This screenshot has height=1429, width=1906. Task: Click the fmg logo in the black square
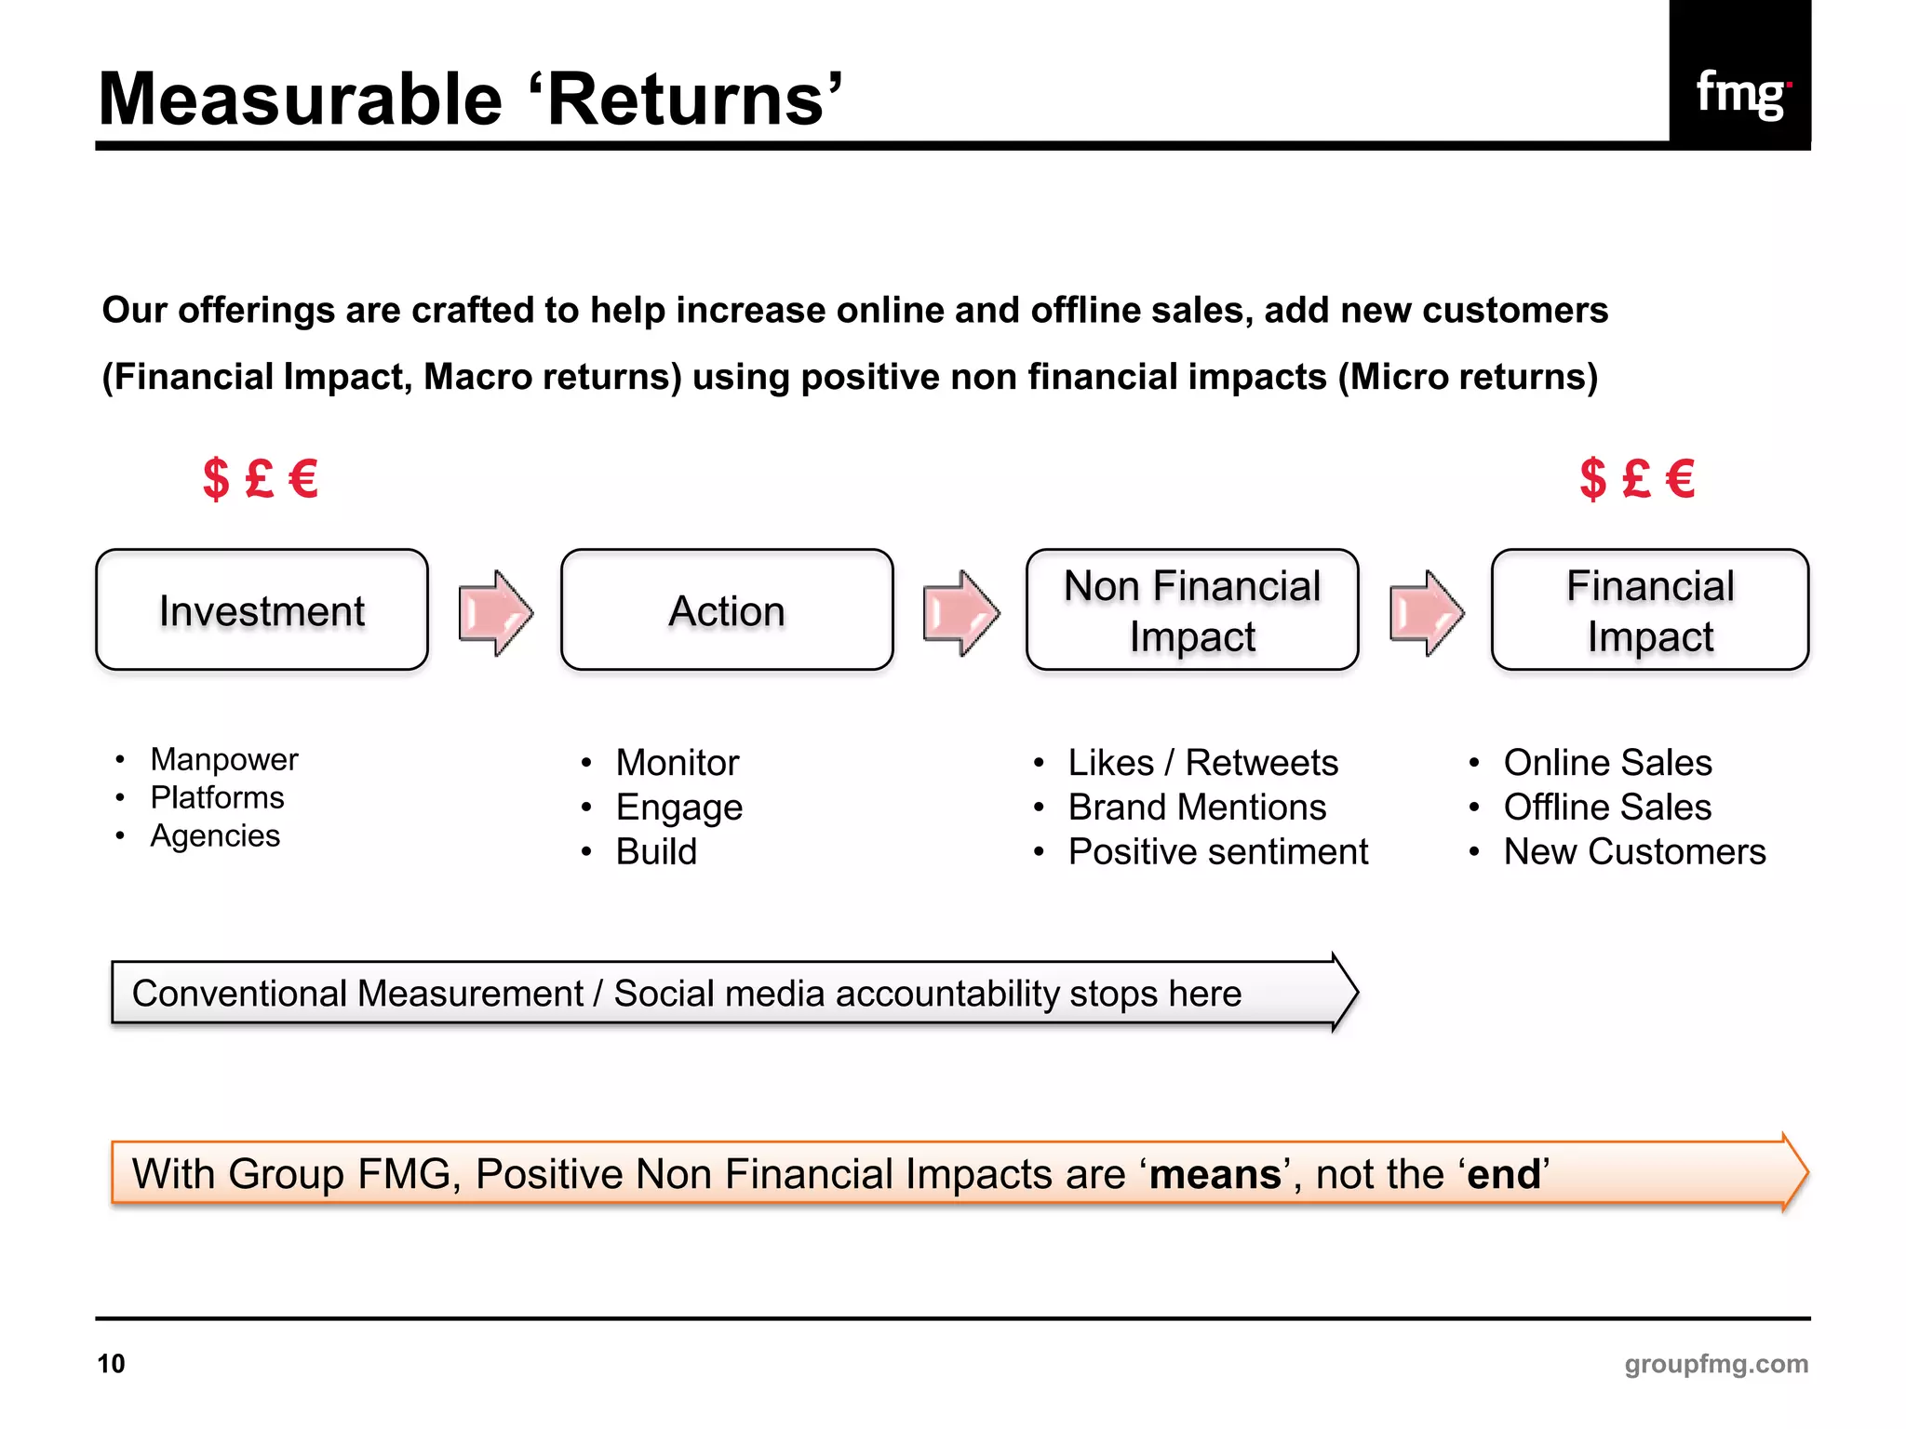[x=1740, y=93]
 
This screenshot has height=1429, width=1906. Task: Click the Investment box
[x=262, y=610]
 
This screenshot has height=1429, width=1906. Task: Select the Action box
[x=727, y=610]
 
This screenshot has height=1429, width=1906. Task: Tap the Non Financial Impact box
[x=1192, y=610]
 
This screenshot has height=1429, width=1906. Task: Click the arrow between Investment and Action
[x=495, y=613]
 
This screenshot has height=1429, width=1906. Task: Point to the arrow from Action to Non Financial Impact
[x=960, y=613]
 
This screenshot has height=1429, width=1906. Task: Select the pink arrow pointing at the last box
[x=1426, y=613]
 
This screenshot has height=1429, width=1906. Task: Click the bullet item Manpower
[x=224, y=759]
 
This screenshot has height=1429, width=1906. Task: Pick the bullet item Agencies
[x=215, y=835]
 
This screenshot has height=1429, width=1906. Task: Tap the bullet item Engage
[x=679, y=808]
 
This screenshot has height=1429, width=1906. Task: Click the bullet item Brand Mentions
[x=1197, y=808]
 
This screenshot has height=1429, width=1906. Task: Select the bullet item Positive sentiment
[x=1218, y=852]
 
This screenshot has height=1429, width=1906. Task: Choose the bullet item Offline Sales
[x=1607, y=808]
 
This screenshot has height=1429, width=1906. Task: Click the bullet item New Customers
[x=1634, y=852]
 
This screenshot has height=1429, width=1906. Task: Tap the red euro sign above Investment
[x=303, y=479]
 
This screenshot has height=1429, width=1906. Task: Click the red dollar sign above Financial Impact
[x=1592, y=479]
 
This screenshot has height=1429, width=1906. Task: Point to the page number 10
[x=111, y=1364]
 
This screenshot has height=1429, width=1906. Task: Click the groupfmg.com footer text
[x=1716, y=1364]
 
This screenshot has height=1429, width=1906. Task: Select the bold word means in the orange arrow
[x=1215, y=1174]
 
